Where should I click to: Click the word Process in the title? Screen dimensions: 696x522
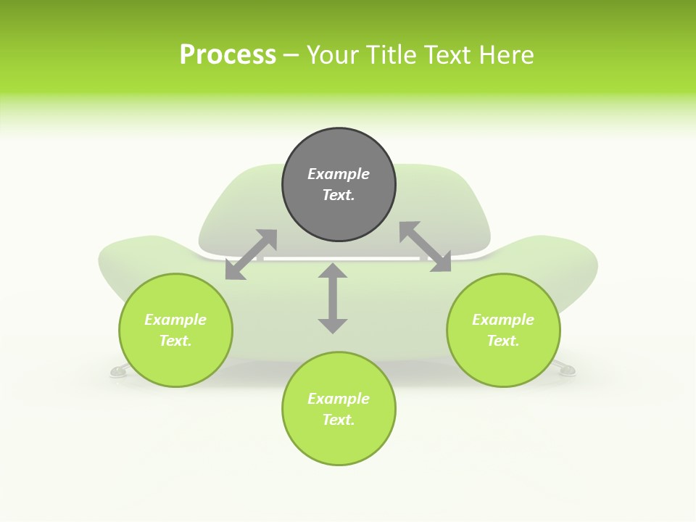(x=228, y=55)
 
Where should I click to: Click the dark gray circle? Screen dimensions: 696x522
(x=339, y=185)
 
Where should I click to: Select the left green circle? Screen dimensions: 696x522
(x=175, y=331)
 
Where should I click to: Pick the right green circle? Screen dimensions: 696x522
(x=503, y=331)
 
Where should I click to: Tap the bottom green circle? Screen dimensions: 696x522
(x=339, y=409)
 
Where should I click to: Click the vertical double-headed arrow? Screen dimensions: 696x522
(x=333, y=298)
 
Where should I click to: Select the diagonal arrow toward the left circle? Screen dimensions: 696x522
(x=252, y=254)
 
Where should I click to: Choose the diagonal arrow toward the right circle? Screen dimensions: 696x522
(x=426, y=246)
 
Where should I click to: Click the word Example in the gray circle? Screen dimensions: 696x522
(x=339, y=174)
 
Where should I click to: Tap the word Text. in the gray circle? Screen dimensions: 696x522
(x=339, y=195)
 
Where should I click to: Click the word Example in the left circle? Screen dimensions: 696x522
(x=175, y=320)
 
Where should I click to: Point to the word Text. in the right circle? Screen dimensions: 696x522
(x=503, y=341)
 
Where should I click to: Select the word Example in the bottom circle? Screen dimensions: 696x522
(x=339, y=399)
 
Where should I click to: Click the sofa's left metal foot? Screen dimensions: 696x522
(x=118, y=370)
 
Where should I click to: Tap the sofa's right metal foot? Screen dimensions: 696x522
(x=565, y=368)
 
